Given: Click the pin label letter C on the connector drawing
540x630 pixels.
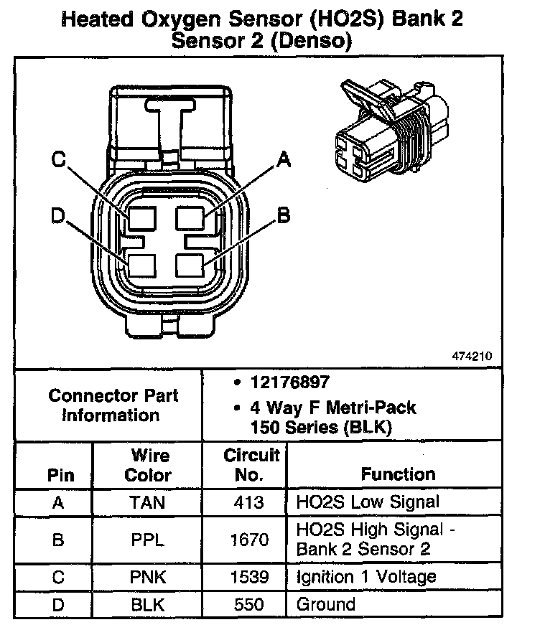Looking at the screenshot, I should (x=60, y=160).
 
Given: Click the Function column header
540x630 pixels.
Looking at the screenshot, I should (x=397, y=474).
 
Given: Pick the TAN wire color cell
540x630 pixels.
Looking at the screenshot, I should (x=147, y=502).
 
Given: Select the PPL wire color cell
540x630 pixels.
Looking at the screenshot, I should (x=147, y=540).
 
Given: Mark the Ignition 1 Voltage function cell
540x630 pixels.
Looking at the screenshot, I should (x=366, y=577).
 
